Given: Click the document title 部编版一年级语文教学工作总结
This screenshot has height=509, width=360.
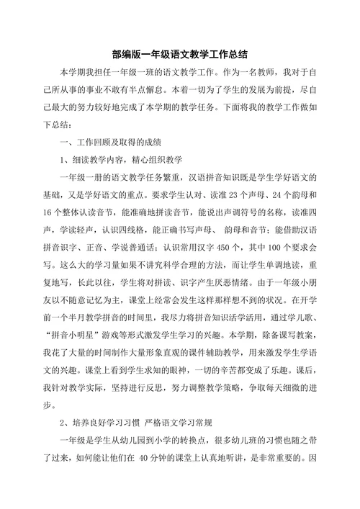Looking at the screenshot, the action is (x=180, y=54).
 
